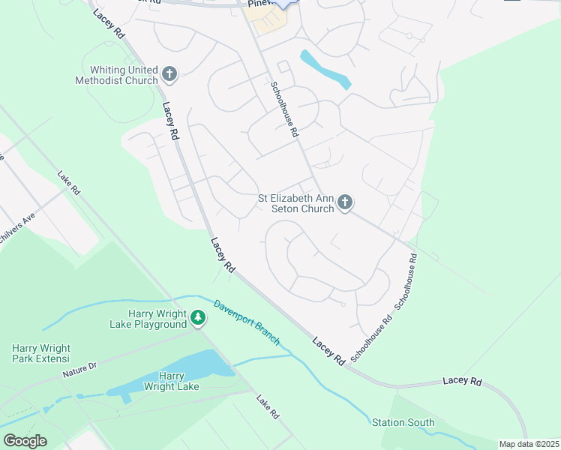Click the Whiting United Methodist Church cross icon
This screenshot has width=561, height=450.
170,73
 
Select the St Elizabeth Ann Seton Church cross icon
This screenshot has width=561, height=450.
345,202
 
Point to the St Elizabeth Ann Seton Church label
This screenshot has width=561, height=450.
295,203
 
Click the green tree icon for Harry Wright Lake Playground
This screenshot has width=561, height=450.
197,318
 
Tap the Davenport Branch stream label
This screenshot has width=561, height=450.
247,322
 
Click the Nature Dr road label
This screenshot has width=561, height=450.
80,369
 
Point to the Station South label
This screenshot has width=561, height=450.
403,423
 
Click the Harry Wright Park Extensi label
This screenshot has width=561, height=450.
41,354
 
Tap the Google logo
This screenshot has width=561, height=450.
25,441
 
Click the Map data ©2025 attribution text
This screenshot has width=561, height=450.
529,444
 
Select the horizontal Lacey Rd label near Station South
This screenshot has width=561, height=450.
462,381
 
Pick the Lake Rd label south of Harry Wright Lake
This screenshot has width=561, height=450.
268,407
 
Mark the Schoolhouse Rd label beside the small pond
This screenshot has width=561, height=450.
285,109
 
